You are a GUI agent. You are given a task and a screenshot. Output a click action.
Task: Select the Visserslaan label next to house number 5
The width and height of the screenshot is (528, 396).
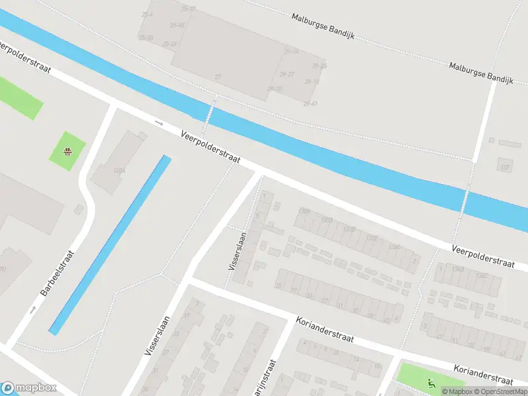(238, 250)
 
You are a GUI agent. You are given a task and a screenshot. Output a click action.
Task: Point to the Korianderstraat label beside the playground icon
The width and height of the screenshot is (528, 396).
(484, 374)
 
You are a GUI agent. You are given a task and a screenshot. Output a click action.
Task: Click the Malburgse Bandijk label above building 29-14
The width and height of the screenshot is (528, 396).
(323, 26)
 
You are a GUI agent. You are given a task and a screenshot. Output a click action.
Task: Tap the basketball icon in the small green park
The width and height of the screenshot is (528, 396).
(67, 151)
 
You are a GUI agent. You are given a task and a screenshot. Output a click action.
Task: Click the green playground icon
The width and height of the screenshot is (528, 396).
(432, 382)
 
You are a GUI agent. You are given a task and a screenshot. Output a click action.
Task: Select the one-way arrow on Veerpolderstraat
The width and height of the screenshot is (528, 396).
(158, 122)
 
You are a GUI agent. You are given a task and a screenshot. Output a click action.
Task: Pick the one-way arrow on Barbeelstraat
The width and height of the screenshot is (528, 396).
(32, 309)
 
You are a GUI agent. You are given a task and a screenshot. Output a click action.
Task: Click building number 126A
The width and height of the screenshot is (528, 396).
(119, 170)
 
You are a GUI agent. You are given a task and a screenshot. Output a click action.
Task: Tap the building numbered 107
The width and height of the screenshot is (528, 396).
(506, 168)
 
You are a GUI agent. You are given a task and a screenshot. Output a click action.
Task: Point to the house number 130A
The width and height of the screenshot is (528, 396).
(304, 211)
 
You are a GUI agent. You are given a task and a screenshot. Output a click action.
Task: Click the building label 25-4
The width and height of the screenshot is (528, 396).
(147, 14)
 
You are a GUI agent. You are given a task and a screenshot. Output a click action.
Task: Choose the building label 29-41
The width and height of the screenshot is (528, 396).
(310, 104)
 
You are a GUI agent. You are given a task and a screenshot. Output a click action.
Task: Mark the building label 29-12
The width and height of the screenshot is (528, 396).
(312, 81)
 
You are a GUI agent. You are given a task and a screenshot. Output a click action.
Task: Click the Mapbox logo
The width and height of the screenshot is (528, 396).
(28, 388)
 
